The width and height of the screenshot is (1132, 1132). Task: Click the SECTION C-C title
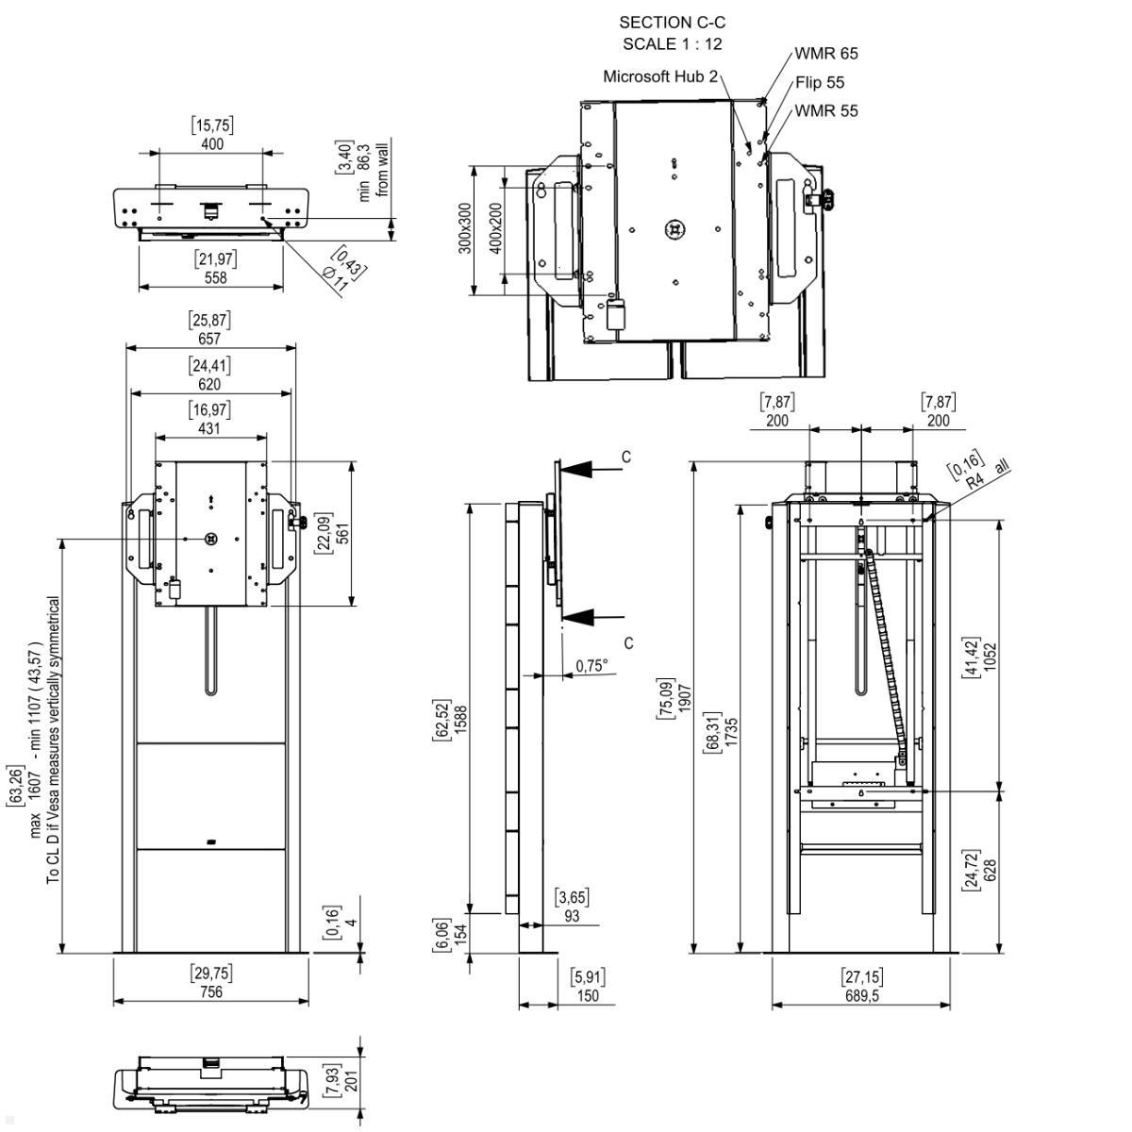pyautogui.click(x=672, y=22)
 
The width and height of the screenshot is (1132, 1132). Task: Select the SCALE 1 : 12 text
pyautogui.click(x=672, y=43)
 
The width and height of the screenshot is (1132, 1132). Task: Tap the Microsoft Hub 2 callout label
pyautogui.click(x=660, y=76)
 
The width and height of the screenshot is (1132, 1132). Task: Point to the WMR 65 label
pyautogui.click(x=826, y=54)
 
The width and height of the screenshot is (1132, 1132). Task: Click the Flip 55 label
pyautogui.click(x=819, y=82)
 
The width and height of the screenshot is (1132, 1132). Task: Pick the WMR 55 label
pyautogui.click(x=826, y=110)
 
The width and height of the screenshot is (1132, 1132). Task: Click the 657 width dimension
pyautogui.click(x=209, y=339)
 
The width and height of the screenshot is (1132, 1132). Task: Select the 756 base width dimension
pyautogui.click(x=211, y=991)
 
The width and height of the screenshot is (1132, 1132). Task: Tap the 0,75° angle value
pyautogui.click(x=591, y=666)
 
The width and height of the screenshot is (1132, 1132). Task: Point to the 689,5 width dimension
pyautogui.click(x=862, y=995)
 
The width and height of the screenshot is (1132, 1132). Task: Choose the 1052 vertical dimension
pyautogui.click(x=990, y=657)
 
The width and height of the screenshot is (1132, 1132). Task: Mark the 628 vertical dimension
pyautogui.click(x=990, y=869)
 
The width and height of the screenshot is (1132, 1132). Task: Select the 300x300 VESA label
pyautogui.click(x=464, y=229)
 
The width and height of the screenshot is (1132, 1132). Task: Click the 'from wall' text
pyautogui.click(x=383, y=167)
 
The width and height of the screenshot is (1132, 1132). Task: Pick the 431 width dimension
pyautogui.click(x=209, y=428)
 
